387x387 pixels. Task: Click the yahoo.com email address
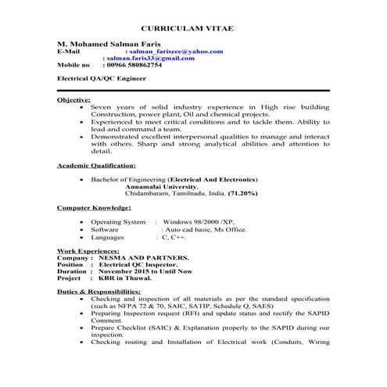pyautogui.click(x=179, y=51)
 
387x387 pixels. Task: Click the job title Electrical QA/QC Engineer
pyautogui.click(x=102, y=80)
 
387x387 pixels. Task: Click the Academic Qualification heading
pyautogui.click(x=97, y=166)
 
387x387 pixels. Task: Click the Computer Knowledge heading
pyautogui.click(x=95, y=209)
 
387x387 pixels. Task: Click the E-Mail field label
pyautogui.click(x=70, y=51)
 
